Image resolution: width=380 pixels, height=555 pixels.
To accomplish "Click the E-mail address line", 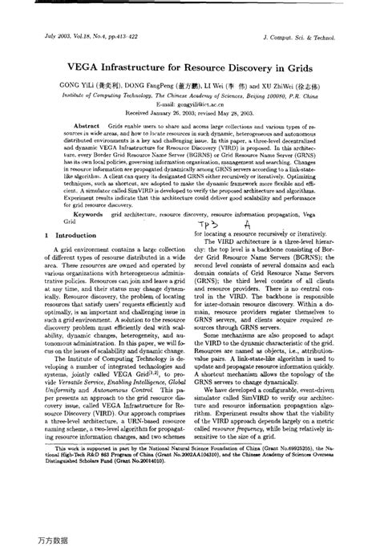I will (189, 105).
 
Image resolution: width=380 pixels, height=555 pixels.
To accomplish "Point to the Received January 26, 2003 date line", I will (189, 114).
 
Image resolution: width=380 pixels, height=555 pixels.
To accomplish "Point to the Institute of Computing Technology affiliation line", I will (189, 94).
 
